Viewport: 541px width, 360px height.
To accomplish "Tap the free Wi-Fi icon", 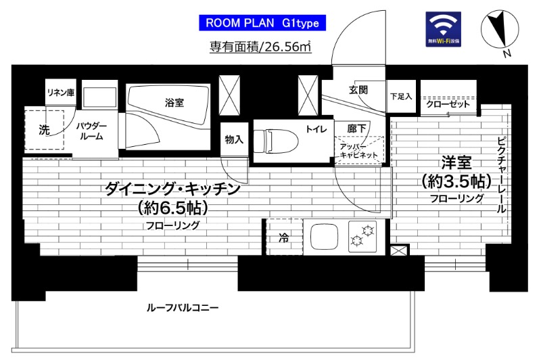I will pyautogui.click(x=443, y=29).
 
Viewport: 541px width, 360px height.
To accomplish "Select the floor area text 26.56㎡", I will pyautogui.click(x=260, y=47).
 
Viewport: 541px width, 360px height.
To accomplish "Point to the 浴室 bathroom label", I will pyautogui.click(x=174, y=103).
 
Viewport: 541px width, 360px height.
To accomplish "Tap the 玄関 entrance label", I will pyautogui.click(x=358, y=90).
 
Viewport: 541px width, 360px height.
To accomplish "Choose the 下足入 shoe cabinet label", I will pyautogui.click(x=401, y=97).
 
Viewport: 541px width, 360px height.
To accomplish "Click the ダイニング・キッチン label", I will pyautogui.click(x=172, y=190).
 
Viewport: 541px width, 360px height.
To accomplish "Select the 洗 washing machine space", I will pyautogui.click(x=44, y=129).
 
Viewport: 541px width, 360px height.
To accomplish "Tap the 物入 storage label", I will pyautogui.click(x=234, y=139).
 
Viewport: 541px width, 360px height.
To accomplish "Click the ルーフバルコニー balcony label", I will pyautogui.click(x=182, y=308).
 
